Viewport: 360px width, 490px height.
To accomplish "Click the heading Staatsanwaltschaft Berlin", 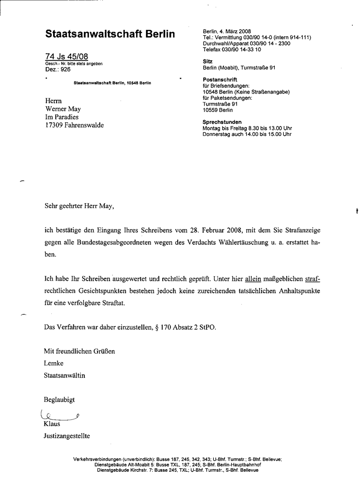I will coord(110,34).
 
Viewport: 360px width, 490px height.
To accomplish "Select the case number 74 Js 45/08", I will coord(67,57).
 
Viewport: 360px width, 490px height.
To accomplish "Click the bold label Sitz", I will coord(207,61).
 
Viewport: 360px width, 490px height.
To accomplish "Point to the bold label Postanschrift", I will coord(220,80).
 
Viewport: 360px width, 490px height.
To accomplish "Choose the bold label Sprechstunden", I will coord(222,122).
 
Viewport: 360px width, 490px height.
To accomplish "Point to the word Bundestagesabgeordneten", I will coord(117,243).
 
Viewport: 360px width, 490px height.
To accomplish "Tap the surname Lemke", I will coord(54,363).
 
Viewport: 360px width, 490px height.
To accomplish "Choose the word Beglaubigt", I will coord(59,400).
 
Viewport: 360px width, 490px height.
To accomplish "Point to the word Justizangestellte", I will coord(67,436).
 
